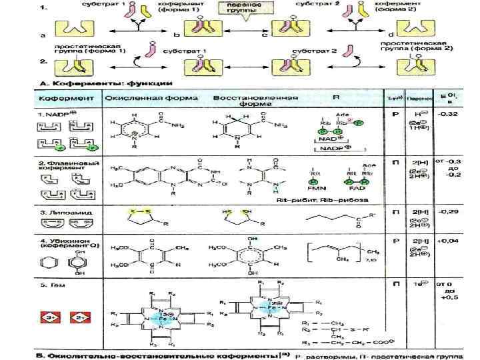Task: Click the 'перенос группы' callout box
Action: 245,8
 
